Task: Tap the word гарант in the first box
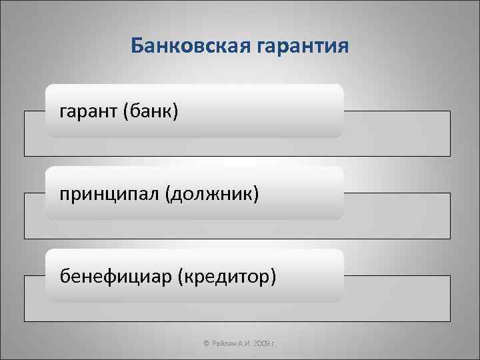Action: tap(88, 111)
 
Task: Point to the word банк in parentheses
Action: tap(151, 111)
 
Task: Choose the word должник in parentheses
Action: tap(213, 193)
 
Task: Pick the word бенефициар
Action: tap(115, 275)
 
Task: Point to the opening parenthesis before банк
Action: tap(126, 111)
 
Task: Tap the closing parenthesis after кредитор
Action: tap(272, 276)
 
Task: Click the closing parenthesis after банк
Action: tap(175, 111)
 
